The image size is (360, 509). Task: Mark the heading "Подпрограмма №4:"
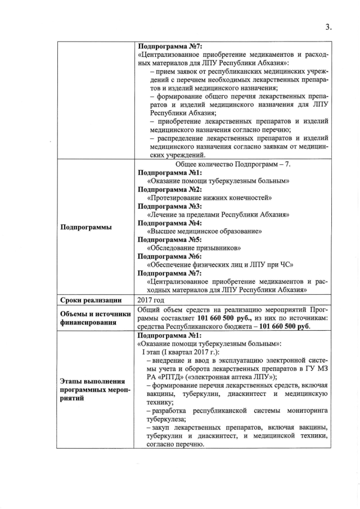click(x=166, y=223)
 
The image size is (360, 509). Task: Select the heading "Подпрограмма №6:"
click(x=166, y=256)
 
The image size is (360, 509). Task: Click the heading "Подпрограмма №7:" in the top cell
click(x=166, y=46)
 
